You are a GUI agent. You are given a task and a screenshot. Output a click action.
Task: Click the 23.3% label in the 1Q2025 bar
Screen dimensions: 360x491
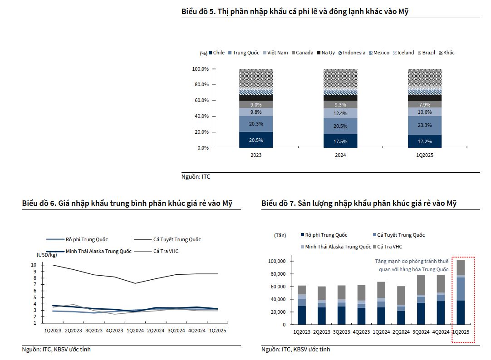point(425,125)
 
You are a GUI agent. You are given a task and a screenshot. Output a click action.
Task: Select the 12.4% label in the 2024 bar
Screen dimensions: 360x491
point(340,113)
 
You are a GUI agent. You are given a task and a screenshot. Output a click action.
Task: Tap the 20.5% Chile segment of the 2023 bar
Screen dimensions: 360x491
point(256,140)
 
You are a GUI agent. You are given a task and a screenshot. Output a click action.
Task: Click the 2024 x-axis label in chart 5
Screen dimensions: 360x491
point(340,155)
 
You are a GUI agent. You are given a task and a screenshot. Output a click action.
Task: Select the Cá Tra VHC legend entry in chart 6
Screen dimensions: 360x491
point(166,251)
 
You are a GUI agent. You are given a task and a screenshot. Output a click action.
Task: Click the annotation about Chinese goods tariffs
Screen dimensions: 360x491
point(411,265)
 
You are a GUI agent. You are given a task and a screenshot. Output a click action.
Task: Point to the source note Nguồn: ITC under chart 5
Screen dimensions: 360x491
point(196,177)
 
